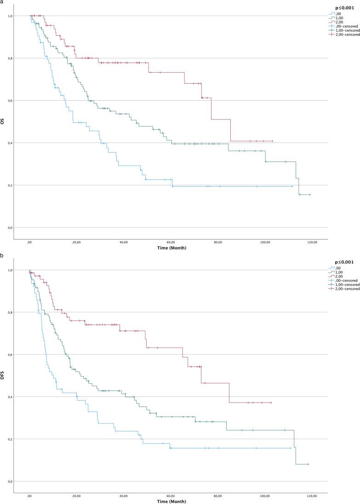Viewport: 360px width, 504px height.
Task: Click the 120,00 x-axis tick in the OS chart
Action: pos(312,242)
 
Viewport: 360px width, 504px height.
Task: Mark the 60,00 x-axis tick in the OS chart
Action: pos(171,242)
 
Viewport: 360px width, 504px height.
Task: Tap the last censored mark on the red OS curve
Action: pos(272,141)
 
